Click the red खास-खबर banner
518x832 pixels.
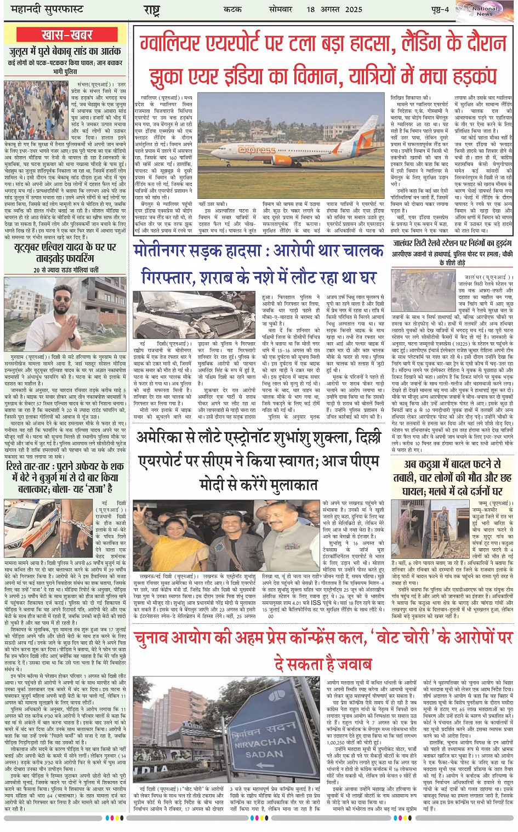[x=67, y=36]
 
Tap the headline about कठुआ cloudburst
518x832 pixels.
[x=451, y=477]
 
